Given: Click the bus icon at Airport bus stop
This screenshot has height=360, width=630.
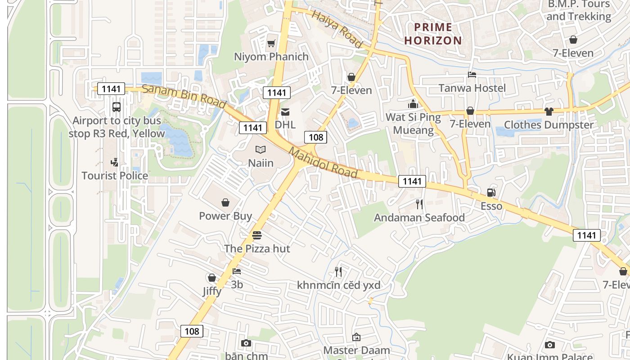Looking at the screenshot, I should tap(116, 107).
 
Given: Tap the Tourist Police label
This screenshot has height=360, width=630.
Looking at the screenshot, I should tap(115, 175).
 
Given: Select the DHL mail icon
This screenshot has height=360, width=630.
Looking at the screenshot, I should tap(285, 112).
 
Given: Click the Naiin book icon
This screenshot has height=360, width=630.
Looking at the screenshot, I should tap(261, 150).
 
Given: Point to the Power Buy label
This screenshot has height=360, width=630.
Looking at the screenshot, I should tap(225, 216).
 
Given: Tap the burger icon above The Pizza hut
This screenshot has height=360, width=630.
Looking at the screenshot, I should tap(257, 235).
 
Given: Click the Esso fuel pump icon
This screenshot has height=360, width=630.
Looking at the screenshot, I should tap(491, 193).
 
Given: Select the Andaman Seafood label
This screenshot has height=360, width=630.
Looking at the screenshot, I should tap(419, 218).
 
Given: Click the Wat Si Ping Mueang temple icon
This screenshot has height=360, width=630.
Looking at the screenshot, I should tap(413, 104).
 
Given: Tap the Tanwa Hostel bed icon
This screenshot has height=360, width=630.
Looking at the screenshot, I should tap(472, 75).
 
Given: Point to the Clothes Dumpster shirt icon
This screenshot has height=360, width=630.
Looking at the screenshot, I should tap(549, 111).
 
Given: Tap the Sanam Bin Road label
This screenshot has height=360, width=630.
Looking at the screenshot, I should tap(184, 96).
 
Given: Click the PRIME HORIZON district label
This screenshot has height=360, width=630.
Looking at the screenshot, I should tap(433, 34).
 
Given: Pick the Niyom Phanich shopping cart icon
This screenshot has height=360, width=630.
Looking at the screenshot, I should tap(271, 44).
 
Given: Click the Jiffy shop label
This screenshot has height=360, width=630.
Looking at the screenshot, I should tap(211, 291).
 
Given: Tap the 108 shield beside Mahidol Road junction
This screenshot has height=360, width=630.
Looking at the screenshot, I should tap(315, 137).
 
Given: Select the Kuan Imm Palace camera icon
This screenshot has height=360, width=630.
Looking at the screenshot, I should tap(549, 345).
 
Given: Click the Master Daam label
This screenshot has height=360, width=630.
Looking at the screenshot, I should tap(357, 350).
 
